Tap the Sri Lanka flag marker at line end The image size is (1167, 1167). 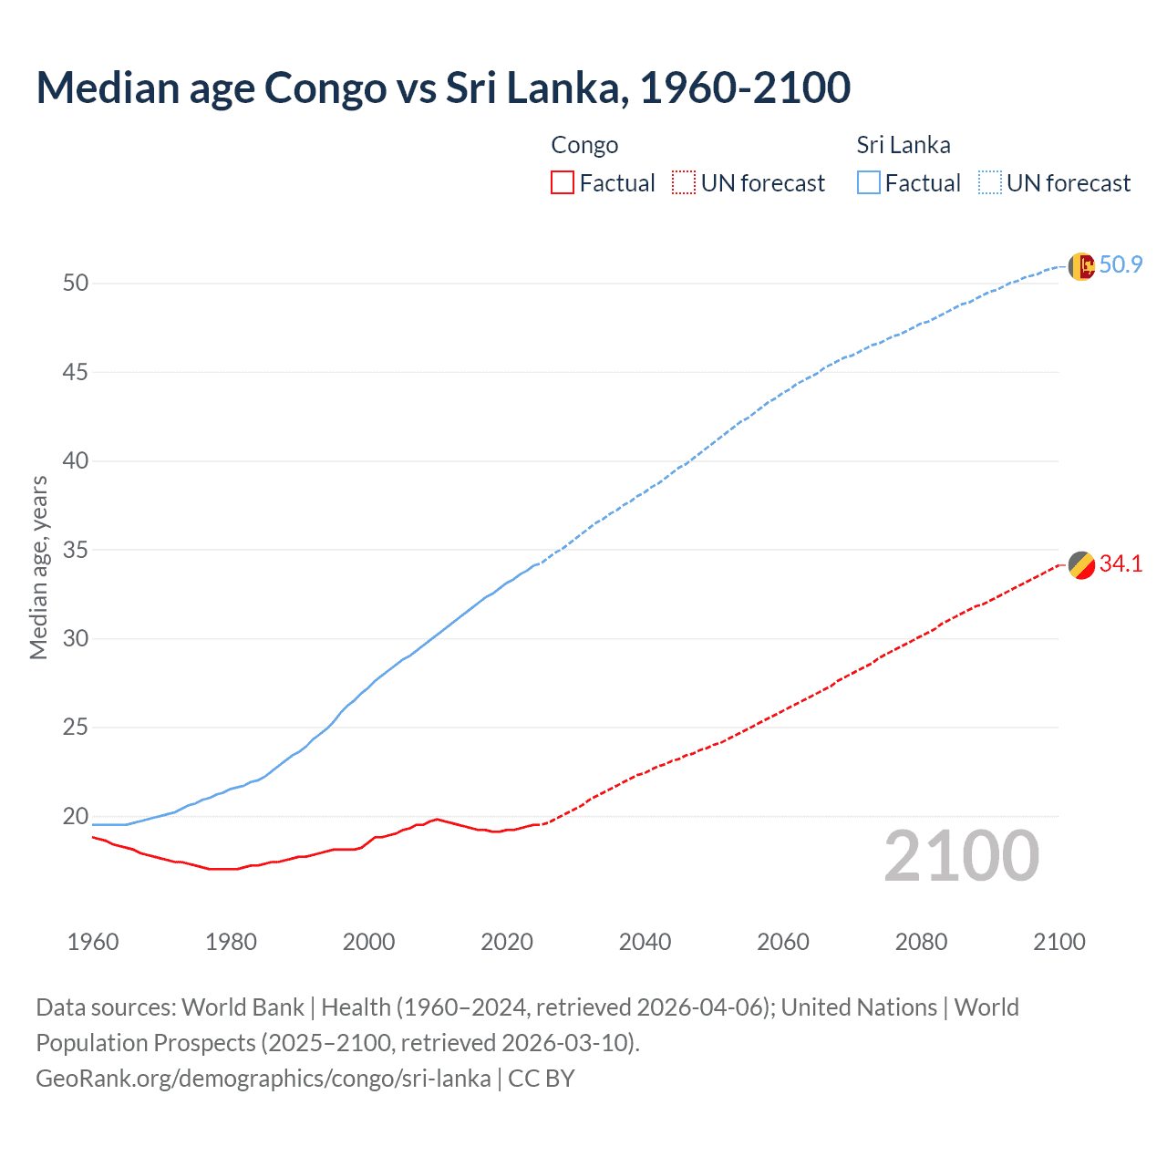1080,266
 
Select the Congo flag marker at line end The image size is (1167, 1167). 1080,565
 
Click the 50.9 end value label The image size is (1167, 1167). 1121,265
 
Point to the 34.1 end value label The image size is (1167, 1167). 1121,564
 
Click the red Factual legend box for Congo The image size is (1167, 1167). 563,183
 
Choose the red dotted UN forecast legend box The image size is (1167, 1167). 684,183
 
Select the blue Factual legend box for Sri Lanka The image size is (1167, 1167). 869,183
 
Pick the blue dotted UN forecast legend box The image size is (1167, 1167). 990,183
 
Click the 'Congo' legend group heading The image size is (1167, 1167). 584,146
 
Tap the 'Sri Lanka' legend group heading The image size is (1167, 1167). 903,146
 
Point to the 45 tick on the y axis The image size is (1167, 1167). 76,372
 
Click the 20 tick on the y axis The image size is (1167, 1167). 76,816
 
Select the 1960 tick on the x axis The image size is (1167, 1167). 93,942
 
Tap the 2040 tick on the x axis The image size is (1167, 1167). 645,942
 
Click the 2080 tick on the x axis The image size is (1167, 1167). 921,942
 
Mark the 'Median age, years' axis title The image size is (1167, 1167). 38,567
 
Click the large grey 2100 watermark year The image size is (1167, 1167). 961,855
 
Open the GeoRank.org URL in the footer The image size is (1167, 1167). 263,1079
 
